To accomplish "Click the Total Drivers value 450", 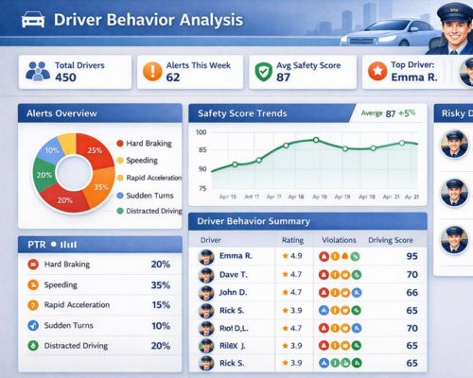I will pos(66,77).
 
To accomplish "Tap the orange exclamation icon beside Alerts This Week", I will pos(150,71).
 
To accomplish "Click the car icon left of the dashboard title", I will pos(31,19).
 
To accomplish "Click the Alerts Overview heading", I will pos(61,113).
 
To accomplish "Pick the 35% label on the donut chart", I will pos(101,187).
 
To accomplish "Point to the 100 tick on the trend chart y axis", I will pos(201,133).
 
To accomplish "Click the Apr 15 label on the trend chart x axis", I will pos(227,197).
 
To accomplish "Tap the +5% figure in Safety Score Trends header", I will pos(408,113).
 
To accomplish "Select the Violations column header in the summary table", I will pos(340,240).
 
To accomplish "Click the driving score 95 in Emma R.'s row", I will pos(412,256).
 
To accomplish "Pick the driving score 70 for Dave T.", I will pos(412,274).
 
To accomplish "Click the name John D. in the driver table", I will pos(234,292).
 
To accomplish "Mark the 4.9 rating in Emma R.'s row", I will pos(295,256).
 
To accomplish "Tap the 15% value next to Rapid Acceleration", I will pos(160,304).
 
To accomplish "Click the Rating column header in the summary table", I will pos(292,240).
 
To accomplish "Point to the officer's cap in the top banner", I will pos(446,12).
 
